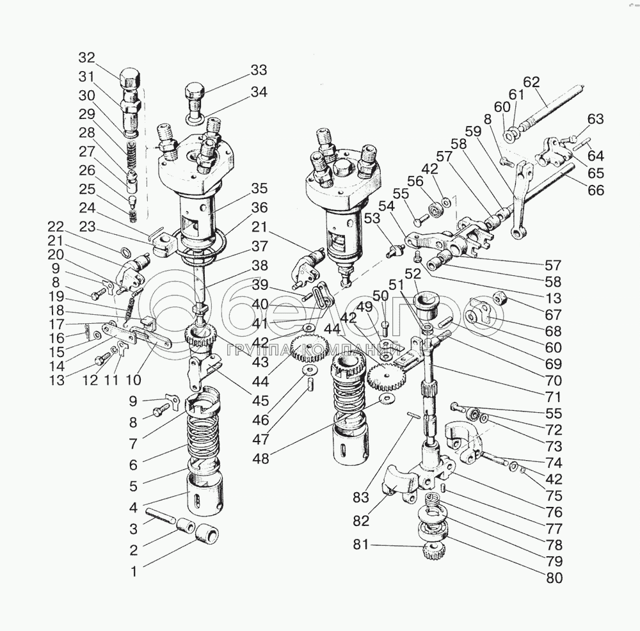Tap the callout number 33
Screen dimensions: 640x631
259,70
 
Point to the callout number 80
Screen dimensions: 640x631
554,579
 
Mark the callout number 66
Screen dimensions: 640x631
596,190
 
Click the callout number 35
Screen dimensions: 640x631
259,189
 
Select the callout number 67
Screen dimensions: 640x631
554,315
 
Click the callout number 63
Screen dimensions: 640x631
596,119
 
